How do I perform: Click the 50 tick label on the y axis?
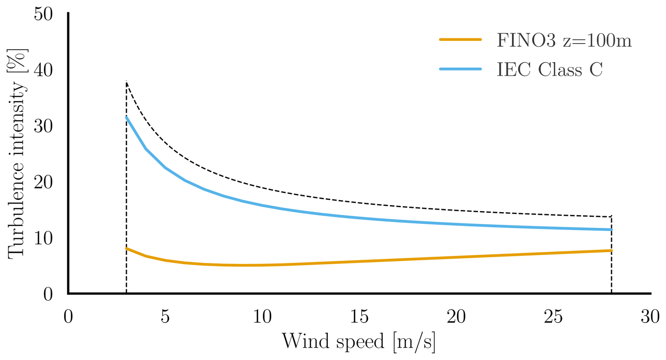[x=43, y=14]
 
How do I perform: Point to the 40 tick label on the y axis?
[x=43, y=70]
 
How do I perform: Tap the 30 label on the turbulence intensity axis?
[x=43, y=126]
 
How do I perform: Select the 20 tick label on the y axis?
[x=43, y=182]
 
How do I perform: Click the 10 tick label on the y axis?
[x=43, y=238]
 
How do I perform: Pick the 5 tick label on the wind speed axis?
[x=165, y=317]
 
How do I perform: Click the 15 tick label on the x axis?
[x=359, y=317]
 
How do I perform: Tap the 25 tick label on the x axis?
[x=553, y=317]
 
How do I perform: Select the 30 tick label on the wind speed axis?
[x=650, y=317]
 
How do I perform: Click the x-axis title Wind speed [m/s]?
[x=359, y=341]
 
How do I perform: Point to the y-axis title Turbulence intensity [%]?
[x=17, y=154]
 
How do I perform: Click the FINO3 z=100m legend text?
[x=564, y=41]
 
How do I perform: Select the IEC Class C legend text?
[x=549, y=69]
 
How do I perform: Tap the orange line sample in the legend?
[x=460, y=40]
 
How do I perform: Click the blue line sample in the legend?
[x=460, y=69]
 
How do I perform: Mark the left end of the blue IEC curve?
[x=126, y=117]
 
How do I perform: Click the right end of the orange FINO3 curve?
[x=611, y=250]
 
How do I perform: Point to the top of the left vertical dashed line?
[x=126, y=81]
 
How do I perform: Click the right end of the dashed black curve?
[x=611, y=216]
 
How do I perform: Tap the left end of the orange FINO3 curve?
[x=126, y=248]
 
